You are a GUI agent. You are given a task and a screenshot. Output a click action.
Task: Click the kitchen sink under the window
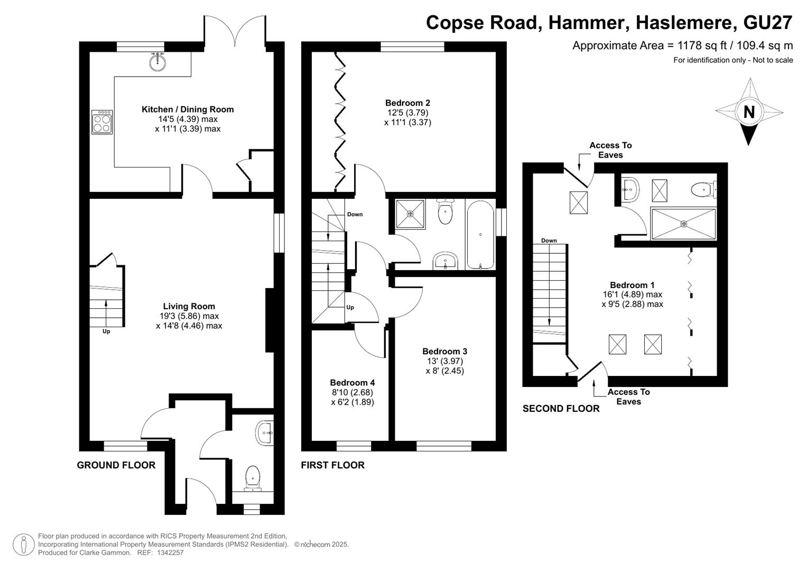(157, 62)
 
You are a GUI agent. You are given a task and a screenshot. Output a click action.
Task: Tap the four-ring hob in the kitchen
(102, 122)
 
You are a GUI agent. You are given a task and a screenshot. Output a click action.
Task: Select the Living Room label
(189, 307)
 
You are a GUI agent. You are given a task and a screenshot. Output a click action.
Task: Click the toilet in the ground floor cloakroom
(253, 478)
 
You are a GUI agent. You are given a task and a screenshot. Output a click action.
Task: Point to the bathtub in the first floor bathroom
(480, 235)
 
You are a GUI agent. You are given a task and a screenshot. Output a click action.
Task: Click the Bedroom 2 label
(407, 103)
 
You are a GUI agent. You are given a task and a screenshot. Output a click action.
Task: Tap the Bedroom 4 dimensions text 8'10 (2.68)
(352, 392)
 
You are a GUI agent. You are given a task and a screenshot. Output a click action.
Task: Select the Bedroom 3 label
(444, 351)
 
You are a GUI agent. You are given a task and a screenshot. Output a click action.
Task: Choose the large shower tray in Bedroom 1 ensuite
(683, 224)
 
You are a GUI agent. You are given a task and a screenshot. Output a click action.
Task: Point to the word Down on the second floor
(549, 241)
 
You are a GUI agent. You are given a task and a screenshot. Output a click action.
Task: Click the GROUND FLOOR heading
(116, 465)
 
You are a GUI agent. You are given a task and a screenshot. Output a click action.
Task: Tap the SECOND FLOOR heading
(561, 408)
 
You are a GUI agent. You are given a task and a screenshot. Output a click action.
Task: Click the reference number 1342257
(170, 552)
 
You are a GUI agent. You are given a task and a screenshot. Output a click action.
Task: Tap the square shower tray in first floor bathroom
(410, 214)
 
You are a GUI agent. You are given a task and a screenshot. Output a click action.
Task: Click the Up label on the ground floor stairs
(106, 331)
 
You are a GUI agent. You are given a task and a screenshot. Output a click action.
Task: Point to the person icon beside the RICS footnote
(24, 545)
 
